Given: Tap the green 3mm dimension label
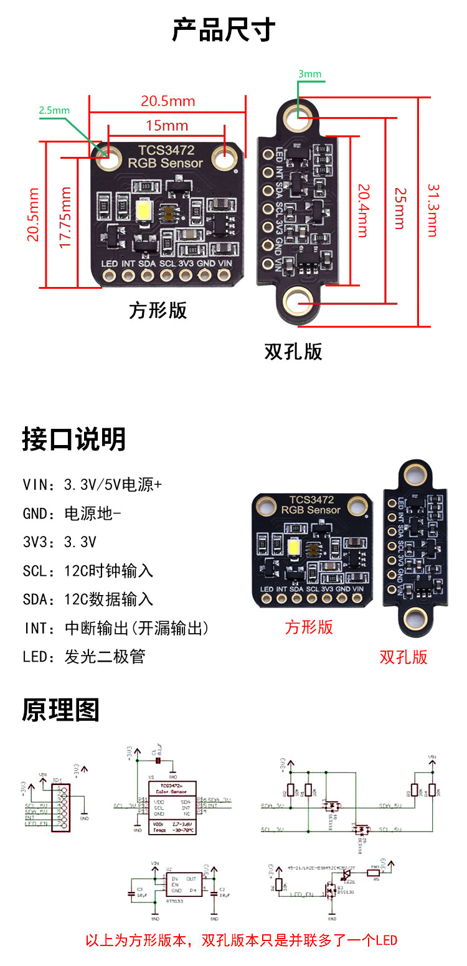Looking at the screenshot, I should point(309,74).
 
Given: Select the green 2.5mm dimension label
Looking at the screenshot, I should point(54,110).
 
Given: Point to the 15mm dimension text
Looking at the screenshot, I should point(167,126).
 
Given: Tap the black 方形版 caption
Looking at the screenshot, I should point(158,310).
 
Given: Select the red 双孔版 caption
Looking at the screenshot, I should point(403,657).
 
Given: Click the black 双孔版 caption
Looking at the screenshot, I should point(293,352).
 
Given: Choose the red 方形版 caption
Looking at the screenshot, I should point(309,627).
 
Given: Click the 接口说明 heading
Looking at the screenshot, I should point(74,439).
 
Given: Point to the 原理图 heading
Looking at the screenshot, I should point(61,710).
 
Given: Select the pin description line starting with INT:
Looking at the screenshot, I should point(116,628).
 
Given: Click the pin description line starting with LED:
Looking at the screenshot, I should point(84,657).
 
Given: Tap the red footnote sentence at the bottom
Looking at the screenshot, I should point(241,940).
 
